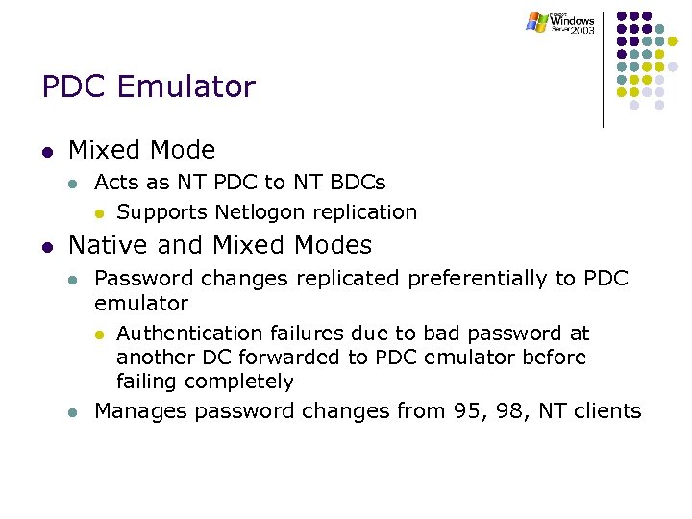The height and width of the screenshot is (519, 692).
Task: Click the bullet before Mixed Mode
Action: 47,152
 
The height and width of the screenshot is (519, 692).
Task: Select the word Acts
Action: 115,182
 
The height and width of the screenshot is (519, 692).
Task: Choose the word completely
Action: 239,382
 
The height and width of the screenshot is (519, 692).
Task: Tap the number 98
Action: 506,411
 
